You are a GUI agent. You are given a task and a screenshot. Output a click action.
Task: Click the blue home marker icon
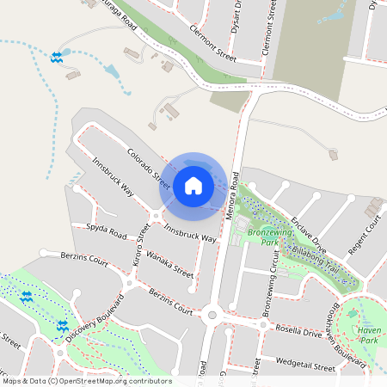pyautogui.click(x=193, y=184)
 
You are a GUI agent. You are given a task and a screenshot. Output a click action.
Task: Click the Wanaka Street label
pyautogui.click(x=170, y=262)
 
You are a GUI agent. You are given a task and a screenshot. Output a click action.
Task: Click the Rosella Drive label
pyautogui.click(x=298, y=331)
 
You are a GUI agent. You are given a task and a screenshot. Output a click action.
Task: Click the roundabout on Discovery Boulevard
pyautogui.click(x=61, y=351)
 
